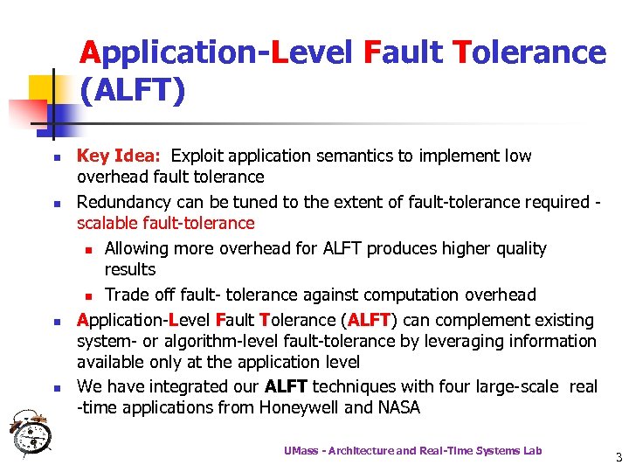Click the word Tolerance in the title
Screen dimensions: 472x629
(x=529, y=52)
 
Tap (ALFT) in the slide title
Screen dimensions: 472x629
(x=132, y=89)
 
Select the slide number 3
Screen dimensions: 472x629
(x=618, y=457)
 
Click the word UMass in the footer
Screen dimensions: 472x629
(x=302, y=450)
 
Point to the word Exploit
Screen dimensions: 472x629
(x=198, y=156)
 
